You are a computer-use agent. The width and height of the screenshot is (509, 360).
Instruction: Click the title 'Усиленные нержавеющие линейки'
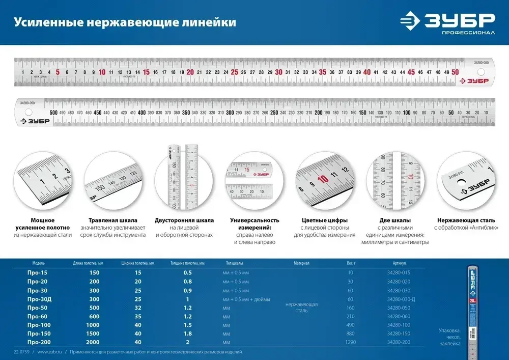[x=125, y=22]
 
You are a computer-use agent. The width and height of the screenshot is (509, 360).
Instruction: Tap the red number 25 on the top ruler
[x=234, y=72]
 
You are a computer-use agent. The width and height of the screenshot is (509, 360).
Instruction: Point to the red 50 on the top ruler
[x=455, y=72]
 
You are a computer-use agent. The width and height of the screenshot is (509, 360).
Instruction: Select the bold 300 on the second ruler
[x=230, y=113]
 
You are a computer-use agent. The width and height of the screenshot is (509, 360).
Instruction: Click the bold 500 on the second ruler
[x=53, y=113]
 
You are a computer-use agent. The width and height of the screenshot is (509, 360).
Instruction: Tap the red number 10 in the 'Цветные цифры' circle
[x=322, y=179]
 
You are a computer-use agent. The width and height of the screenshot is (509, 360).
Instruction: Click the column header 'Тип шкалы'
[x=234, y=263]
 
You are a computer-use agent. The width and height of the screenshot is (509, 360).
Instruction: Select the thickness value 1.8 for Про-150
[x=188, y=333]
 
